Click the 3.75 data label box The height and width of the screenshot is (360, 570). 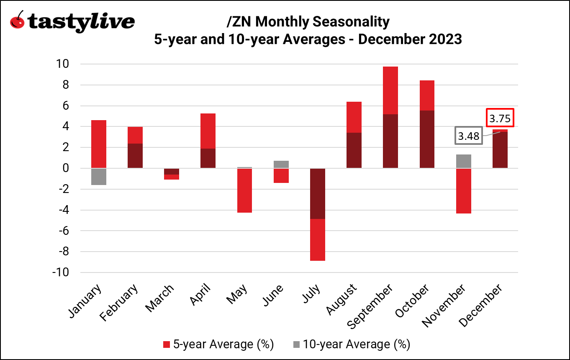pos(500,118)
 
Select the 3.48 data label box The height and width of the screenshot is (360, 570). pos(468,136)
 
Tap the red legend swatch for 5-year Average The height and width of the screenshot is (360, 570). pos(167,345)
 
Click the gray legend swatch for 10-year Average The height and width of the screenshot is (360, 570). pos(296,345)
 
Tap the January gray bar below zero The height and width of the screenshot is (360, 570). pos(99,177)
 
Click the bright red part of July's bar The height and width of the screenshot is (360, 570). pos(318,239)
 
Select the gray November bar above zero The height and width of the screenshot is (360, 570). pos(463,161)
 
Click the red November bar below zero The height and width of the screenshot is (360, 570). pos(463,191)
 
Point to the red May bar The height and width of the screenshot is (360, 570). pos(244,190)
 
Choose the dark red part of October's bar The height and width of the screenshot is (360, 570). pos(427,139)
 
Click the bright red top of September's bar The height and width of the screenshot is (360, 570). pos(390,90)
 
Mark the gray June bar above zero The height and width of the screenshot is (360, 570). pos(281,164)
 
